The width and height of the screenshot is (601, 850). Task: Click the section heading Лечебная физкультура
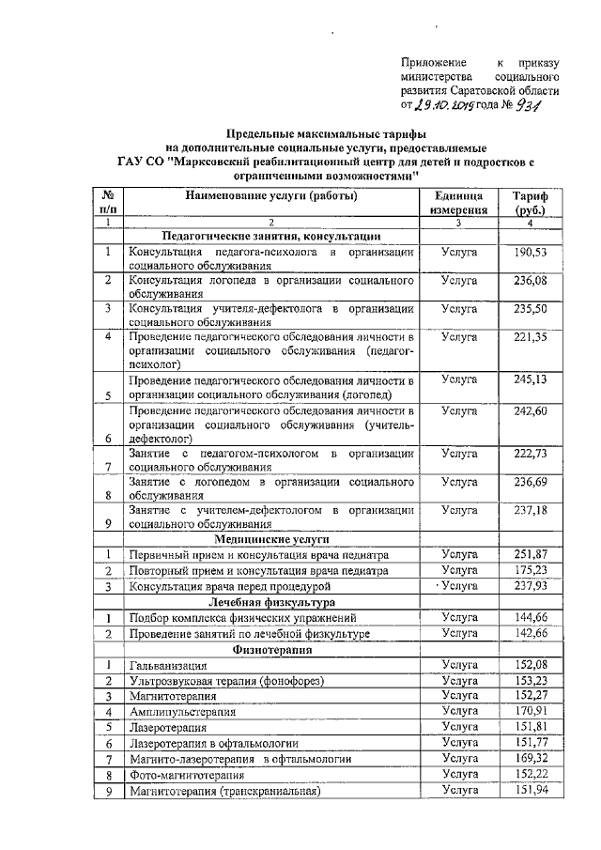point(270,602)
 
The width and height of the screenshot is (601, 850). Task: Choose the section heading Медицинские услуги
point(270,541)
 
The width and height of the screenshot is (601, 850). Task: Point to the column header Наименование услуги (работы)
point(270,196)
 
